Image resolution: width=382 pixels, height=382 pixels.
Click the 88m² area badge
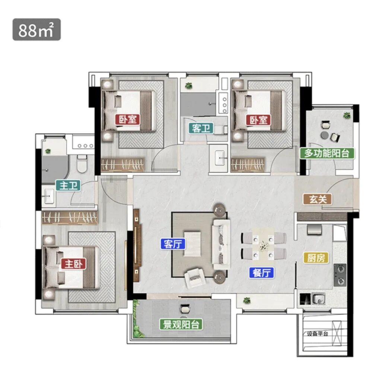coord(36,29)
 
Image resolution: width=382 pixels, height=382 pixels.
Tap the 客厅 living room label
coord(173,244)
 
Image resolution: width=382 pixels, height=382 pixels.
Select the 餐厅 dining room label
coord(261,273)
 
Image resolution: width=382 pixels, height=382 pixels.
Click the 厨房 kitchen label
coord(316,258)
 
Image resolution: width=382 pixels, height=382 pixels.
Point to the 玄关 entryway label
coord(318,199)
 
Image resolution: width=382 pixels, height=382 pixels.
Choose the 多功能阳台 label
coord(327,153)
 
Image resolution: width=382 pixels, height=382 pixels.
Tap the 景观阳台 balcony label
coord(181,324)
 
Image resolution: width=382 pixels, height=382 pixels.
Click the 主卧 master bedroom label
coord(74,264)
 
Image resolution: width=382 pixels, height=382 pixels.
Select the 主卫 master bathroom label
coord(68,186)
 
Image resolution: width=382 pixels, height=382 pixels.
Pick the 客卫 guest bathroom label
coord(201,128)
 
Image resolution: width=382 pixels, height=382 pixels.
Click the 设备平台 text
coord(317,334)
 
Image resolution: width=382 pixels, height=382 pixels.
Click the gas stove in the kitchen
coord(340,275)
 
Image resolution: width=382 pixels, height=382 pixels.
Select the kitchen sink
coord(318,299)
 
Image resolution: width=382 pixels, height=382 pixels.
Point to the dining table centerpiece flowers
coord(263,246)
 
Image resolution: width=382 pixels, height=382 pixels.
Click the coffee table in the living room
coord(192,244)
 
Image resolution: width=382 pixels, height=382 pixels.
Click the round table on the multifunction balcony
coord(325,135)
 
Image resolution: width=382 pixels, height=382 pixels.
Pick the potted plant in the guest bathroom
coord(188,86)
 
